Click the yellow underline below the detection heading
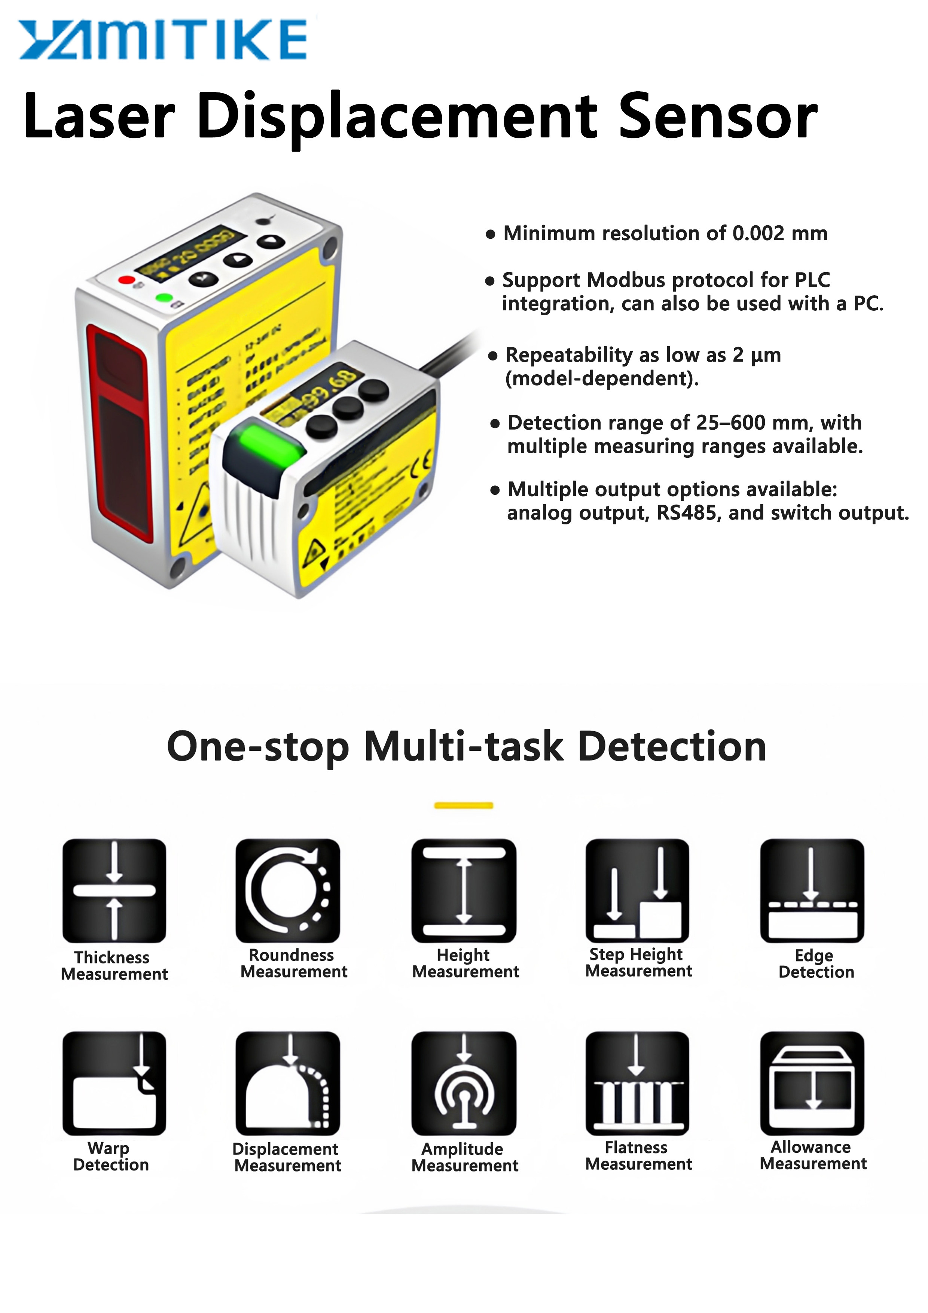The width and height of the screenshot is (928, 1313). click(463, 806)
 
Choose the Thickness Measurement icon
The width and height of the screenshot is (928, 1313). click(115, 890)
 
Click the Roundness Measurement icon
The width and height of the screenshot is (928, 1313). click(288, 890)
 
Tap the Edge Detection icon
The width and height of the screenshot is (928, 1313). click(812, 890)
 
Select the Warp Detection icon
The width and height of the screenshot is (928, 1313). click(115, 1083)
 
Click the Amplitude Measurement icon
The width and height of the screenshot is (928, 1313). click(464, 1083)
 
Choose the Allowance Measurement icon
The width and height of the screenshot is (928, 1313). click(812, 1083)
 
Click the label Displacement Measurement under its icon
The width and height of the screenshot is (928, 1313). click(287, 1157)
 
